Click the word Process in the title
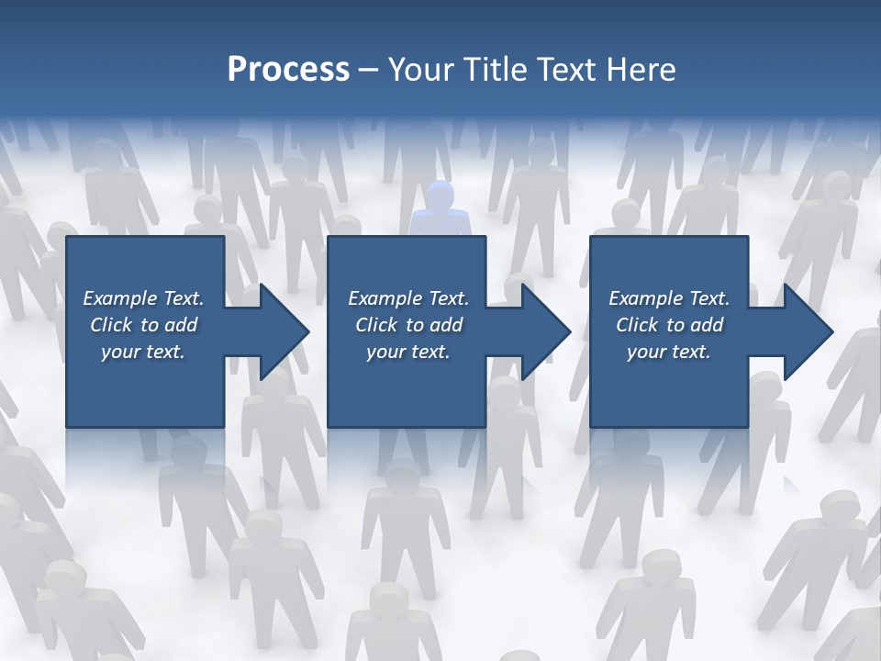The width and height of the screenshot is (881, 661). pyautogui.click(x=288, y=70)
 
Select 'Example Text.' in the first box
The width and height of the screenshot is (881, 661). pyautogui.click(x=143, y=298)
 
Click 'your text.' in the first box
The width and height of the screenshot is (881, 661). pyautogui.click(x=143, y=352)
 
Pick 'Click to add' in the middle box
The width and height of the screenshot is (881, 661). pyautogui.click(x=408, y=325)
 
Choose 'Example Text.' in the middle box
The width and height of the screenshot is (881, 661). pyautogui.click(x=408, y=298)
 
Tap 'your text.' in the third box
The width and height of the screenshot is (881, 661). pyautogui.click(x=669, y=352)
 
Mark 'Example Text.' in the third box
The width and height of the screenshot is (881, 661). pyautogui.click(x=669, y=298)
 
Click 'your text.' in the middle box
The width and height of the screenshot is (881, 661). pyautogui.click(x=408, y=352)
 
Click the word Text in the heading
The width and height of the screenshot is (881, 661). pyautogui.click(x=563, y=70)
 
